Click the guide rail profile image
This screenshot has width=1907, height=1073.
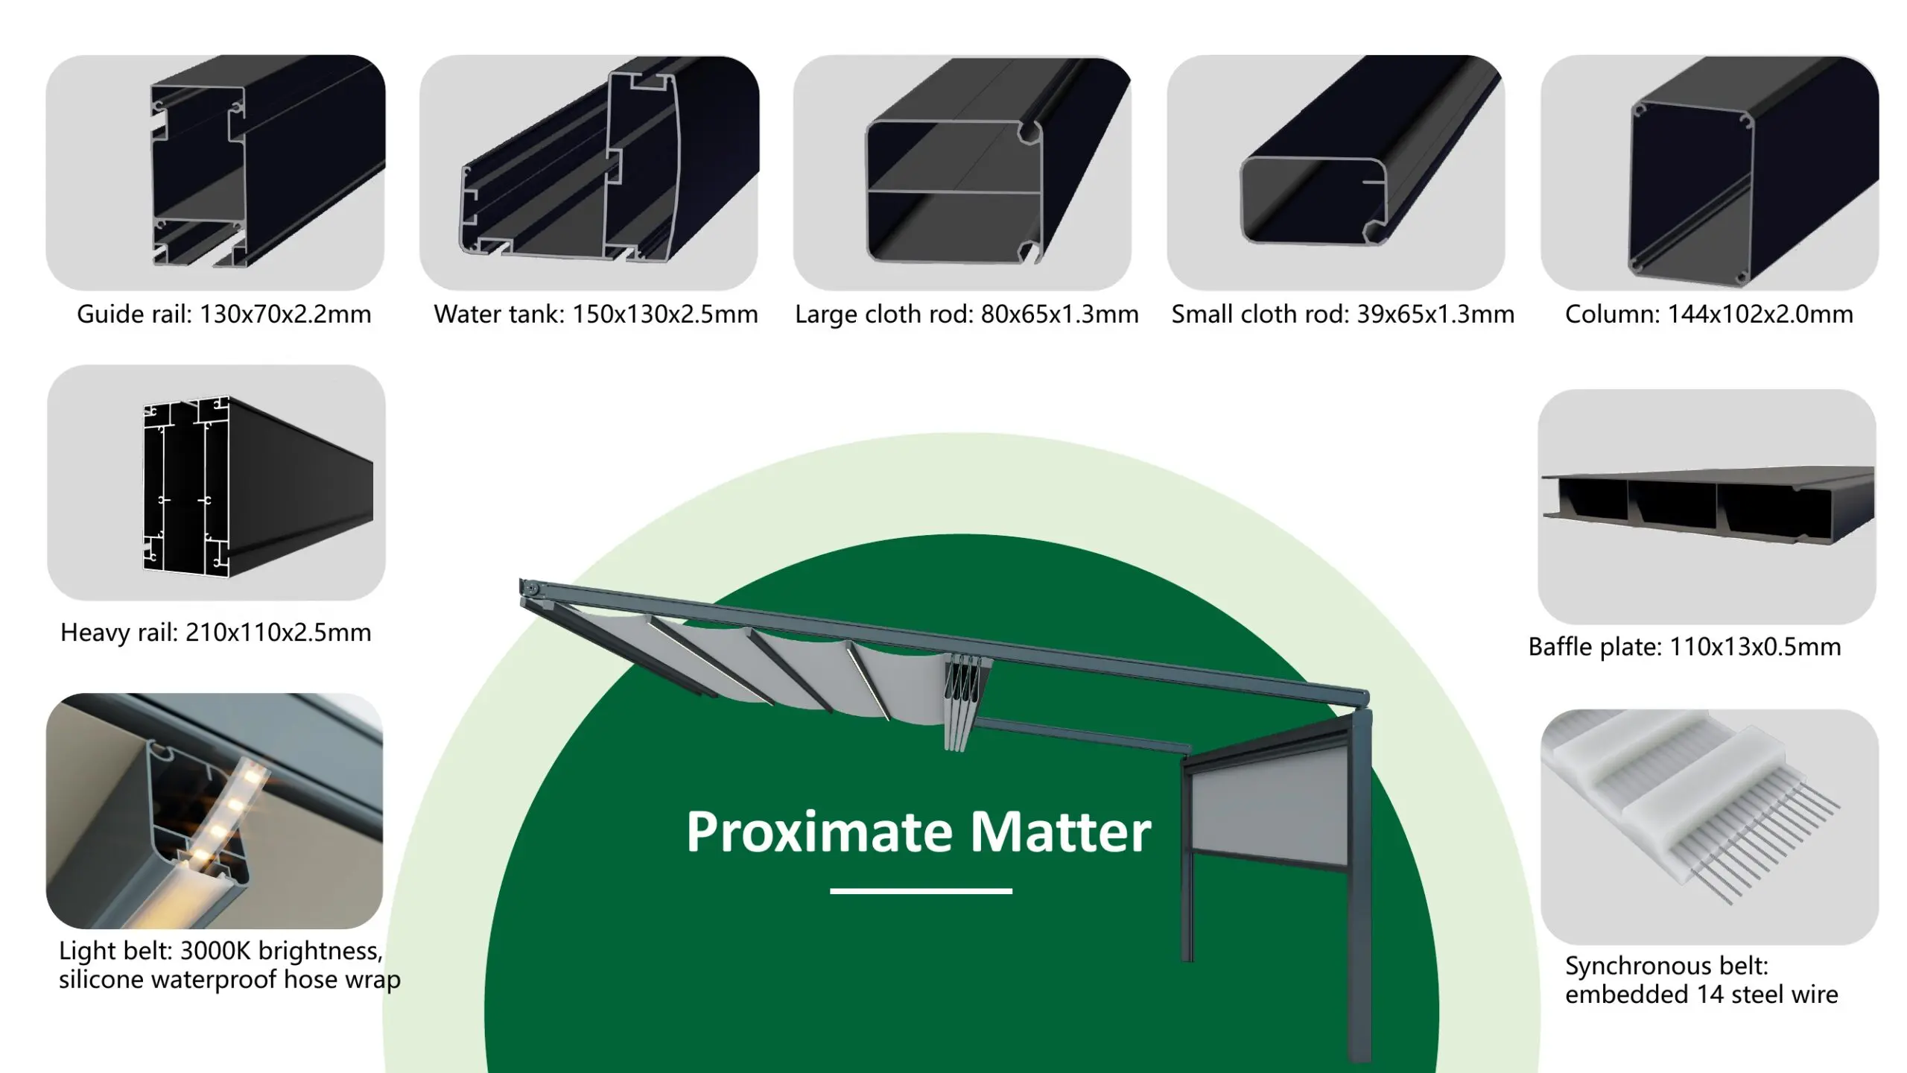pyautogui.click(x=215, y=172)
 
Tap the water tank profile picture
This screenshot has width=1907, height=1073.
pyautogui.click(x=589, y=172)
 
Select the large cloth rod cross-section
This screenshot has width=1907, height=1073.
pyautogui.click(x=962, y=172)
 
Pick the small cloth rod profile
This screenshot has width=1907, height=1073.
pyautogui.click(x=1336, y=172)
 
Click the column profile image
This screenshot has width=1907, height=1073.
pyautogui.click(x=1710, y=172)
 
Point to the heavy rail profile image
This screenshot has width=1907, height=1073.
pyautogui.click(x=216, y=483)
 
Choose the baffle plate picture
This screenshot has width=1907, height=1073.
pyautogui.click(x=1707, y=507)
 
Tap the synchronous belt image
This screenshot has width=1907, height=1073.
pyautogui.click(x=1710, y=827)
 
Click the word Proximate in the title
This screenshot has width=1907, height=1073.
pyautogui.click(x=819, y=832)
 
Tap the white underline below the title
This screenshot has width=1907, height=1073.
pyautogui.click(x=921, y=890)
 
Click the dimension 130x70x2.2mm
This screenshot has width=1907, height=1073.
pyautogui.click(x=285, y=314)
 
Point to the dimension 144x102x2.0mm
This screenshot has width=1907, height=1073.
pyautogui.click(x=1760, y=314)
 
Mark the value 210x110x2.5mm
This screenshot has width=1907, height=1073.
pyautogui.click(x=278, y=633)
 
